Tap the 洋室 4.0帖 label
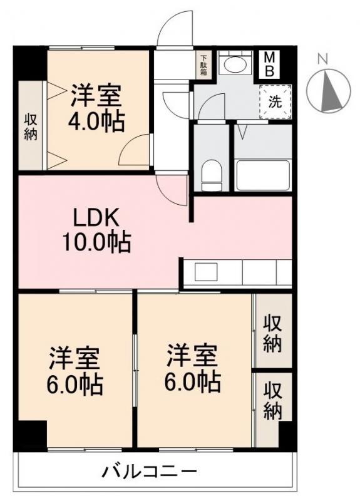(96, 106)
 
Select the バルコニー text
(150, 470)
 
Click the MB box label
(270, 64)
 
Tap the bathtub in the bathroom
(262, 175)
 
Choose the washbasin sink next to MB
(236, 66)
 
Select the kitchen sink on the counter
(205, 272)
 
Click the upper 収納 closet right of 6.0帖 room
(272, 334)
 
